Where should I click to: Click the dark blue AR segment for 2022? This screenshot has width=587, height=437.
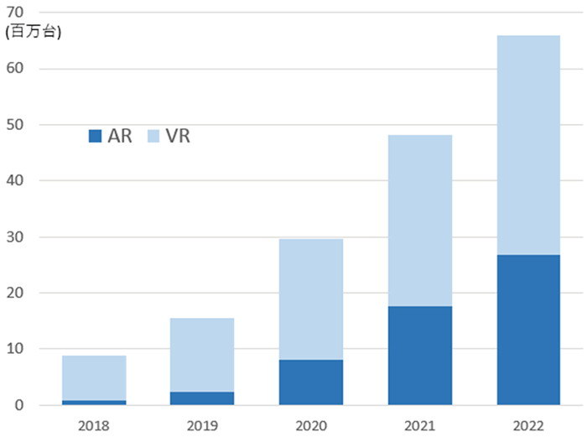point(527,330)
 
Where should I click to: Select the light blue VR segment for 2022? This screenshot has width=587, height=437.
point(527,145)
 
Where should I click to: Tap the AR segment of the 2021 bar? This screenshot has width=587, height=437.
point(419,356)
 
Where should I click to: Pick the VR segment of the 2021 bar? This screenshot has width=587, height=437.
point(419,221)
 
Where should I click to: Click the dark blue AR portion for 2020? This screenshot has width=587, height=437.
point(310,382)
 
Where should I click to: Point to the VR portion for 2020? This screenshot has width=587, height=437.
point(310,299)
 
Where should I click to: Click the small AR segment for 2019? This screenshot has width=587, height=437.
point(201,398)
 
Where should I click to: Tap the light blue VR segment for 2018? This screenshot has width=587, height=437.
point(94,377)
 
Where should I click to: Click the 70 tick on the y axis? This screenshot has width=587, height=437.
point(15,13)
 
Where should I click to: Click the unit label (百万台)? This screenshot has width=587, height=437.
point(33,33)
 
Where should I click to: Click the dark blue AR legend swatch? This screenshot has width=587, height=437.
point(95,135)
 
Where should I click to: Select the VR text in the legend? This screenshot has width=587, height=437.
point(178,135)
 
